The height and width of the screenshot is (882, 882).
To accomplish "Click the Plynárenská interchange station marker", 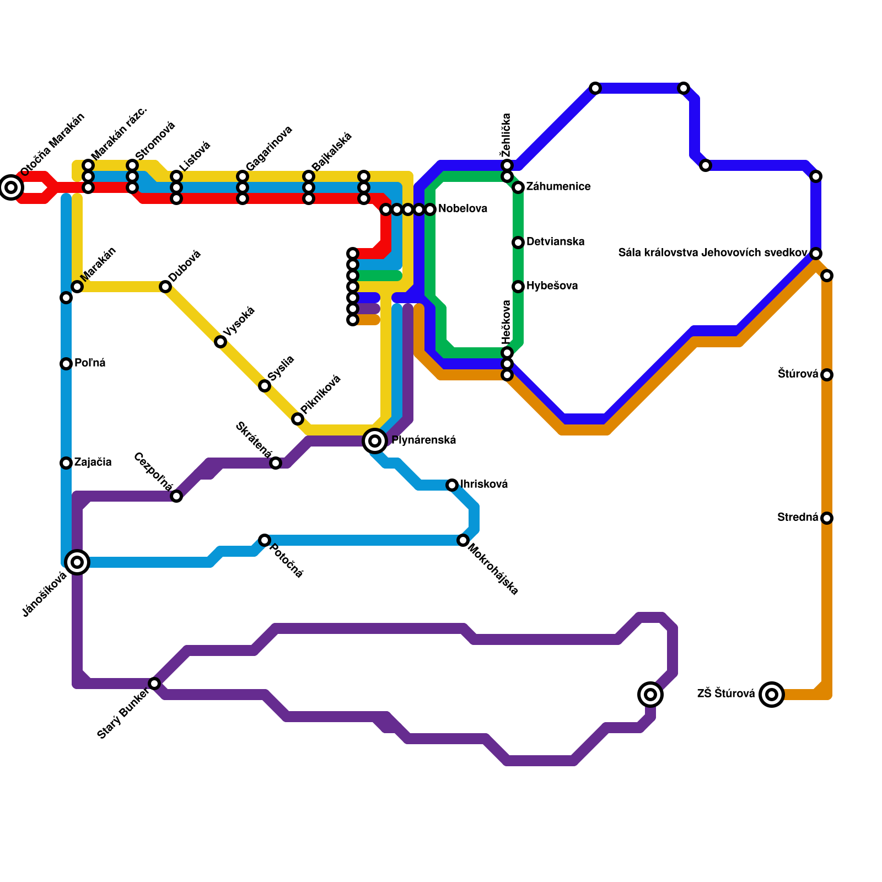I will tap(375, 441).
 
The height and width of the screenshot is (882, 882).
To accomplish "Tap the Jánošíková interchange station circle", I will tap(77, 562).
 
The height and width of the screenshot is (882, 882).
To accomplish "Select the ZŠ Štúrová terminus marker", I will tap(772, 695).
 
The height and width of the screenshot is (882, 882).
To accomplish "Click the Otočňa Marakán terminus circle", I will tap(11, 187).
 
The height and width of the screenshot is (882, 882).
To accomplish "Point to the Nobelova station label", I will tap(462, 209).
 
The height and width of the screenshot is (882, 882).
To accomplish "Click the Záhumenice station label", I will tap(558, 187).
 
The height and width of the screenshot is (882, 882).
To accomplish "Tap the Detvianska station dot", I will tap(518, 243).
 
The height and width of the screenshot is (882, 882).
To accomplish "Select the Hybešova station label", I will tap(552, 286).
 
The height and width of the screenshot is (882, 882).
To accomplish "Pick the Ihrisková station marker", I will tap(452, 485).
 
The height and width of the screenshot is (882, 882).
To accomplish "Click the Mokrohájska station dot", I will tap(463, 540).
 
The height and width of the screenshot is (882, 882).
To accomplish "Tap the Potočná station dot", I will tap(265, 540).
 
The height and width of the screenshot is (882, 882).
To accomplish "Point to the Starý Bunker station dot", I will tap(154, 684).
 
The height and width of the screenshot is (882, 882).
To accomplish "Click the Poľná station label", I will tap(90, 363).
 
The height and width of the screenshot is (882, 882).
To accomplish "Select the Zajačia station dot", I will tap(66, 463).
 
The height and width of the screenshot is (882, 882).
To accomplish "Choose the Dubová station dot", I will tap(165, 287).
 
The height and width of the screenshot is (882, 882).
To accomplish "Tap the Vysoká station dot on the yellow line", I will tap(220, 342).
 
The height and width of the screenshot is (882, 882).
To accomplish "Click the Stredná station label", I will tap(798, 518).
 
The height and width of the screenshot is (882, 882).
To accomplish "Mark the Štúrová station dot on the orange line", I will tap(827, 375).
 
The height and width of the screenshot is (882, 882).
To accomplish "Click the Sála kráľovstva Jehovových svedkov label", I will tap(713, 253).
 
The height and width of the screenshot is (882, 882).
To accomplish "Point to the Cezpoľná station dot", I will tap(176, 496).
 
